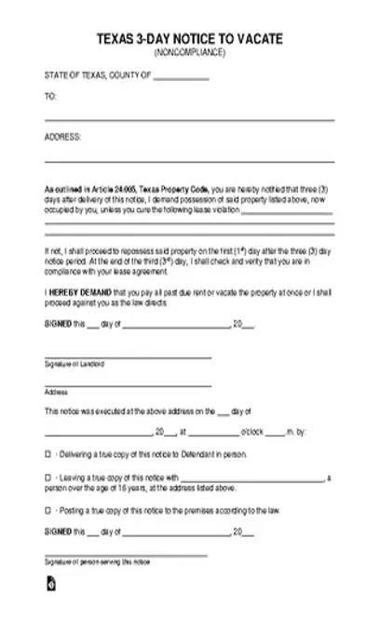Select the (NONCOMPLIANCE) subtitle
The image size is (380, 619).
pos(190,52)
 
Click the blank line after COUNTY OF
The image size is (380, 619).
pos(181,79)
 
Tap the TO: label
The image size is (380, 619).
pos(50,96)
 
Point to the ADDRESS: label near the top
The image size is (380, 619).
pos(62,136)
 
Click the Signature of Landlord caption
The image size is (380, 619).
pos(75,363)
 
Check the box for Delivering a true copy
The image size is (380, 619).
pos(48,454)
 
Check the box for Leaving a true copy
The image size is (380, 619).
pos(48,478)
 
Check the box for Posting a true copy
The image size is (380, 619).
pos(48,510)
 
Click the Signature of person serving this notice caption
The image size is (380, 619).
pos(98,563)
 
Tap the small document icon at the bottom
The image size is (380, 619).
pos(50,585)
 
